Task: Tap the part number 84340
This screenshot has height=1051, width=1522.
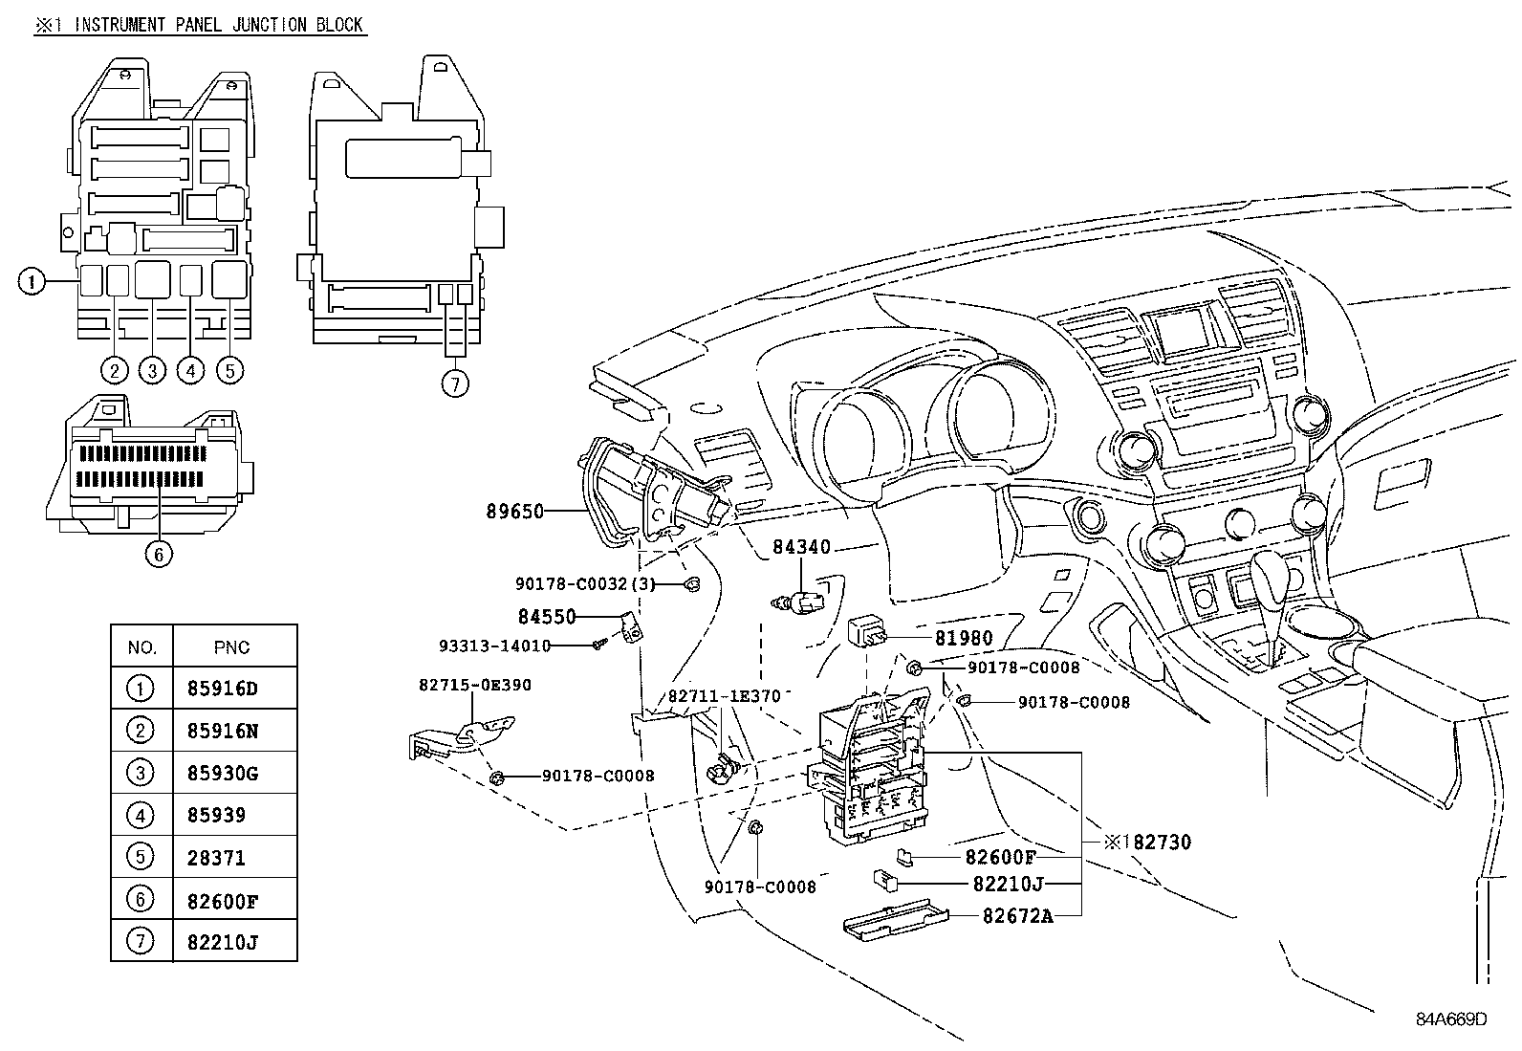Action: click(x=801, y=548)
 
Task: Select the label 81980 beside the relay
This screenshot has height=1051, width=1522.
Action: click(x=964, y=638)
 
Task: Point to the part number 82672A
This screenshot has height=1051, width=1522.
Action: click(x=1017, y=916)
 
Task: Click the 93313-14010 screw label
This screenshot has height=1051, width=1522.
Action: click(x=494, y=646)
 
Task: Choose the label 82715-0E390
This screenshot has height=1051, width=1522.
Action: click(x=474, y=685)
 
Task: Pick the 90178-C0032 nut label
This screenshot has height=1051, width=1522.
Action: click(x=585, y=583)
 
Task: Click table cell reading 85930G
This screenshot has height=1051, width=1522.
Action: click(x=223, y=773)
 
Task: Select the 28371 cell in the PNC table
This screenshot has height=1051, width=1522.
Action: click(x=216, y=858)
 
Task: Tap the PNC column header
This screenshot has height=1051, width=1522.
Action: click(x=231, y=647)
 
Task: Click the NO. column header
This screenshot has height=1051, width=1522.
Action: click(x=141, y=647)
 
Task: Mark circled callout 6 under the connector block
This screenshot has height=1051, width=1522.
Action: click(x=160, y=553)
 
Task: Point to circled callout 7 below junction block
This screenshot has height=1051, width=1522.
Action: click(x=455, y=384)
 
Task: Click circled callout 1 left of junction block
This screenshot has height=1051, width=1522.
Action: click(x=32, y=281)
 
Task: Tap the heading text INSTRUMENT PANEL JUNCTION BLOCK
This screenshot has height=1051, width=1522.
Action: click(x=219, y=24)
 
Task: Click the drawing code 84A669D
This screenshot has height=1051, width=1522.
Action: click(x=1451, y=1018)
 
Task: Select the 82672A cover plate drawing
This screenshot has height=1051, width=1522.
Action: click(x=895, y=919)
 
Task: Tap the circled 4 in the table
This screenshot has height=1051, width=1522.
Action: click(x=140, y=815)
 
